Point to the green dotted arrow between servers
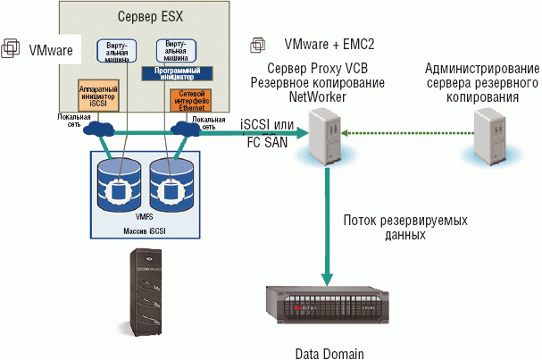pyautogui.click(x=402, y=135)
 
